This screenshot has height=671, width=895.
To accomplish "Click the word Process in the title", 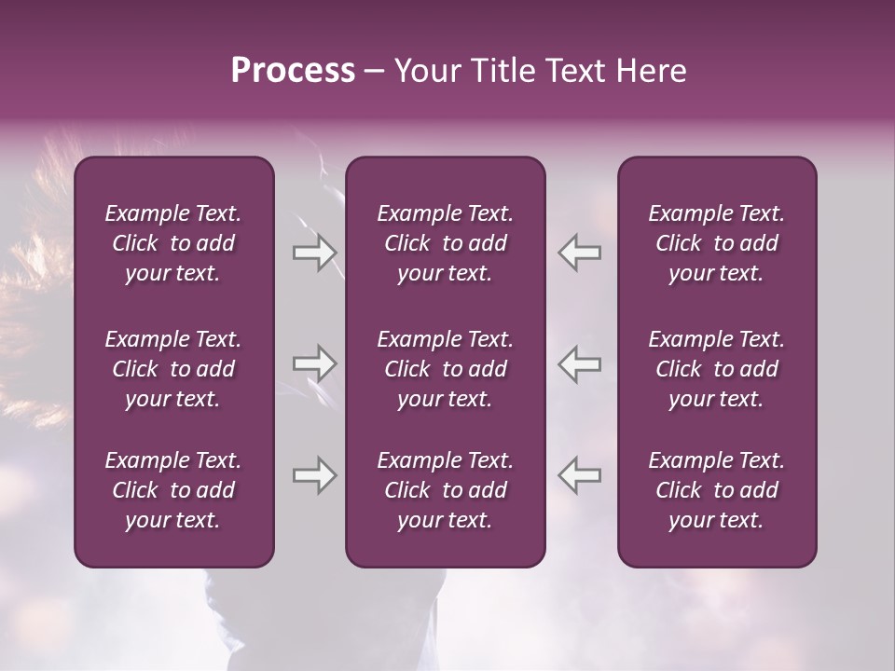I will pyautogui.click(x=293, y=71).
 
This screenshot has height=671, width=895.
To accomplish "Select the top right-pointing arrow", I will pyautogui.click(x=314, y=253).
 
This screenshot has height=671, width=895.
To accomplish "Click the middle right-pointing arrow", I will pyautogui.click(x=314, y=363).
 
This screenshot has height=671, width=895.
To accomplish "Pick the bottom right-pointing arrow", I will pyautogui.click(x=314, y=475).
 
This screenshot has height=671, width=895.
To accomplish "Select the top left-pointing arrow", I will pyautogui.click(x=580, y=253).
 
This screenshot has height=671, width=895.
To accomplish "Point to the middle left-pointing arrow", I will pyautogui.click(x=580, y=363).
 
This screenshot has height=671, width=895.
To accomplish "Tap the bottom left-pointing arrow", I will pyautogui.click(x=580, y=475).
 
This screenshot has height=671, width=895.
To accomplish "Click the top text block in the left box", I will pyautogui.click(x=173, y=243).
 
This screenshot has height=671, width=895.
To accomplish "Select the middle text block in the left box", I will pyautogui.click(x=173, y=369).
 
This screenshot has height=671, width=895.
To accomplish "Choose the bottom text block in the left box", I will pyautogui.click(x=173, y=490).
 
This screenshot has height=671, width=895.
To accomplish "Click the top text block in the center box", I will pyautogui.click(x=445, y=243).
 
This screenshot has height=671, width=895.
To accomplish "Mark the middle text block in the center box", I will pyautogui.click(x=445, y=369).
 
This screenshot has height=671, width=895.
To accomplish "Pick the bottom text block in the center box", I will pyautogui.click(x=445, y=490).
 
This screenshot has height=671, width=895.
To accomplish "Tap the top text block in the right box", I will pyautogui.click(x=716, y=243).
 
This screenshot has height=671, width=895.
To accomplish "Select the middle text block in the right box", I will pyautogui.click(x=716, y=369).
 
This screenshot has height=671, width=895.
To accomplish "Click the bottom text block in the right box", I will pyautogui.click(x=716, y=490).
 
